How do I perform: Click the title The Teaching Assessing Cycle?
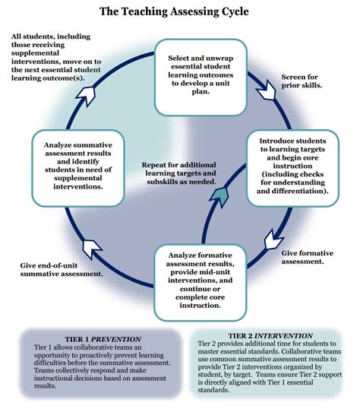(180, 13)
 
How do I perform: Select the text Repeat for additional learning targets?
(179, 173)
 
